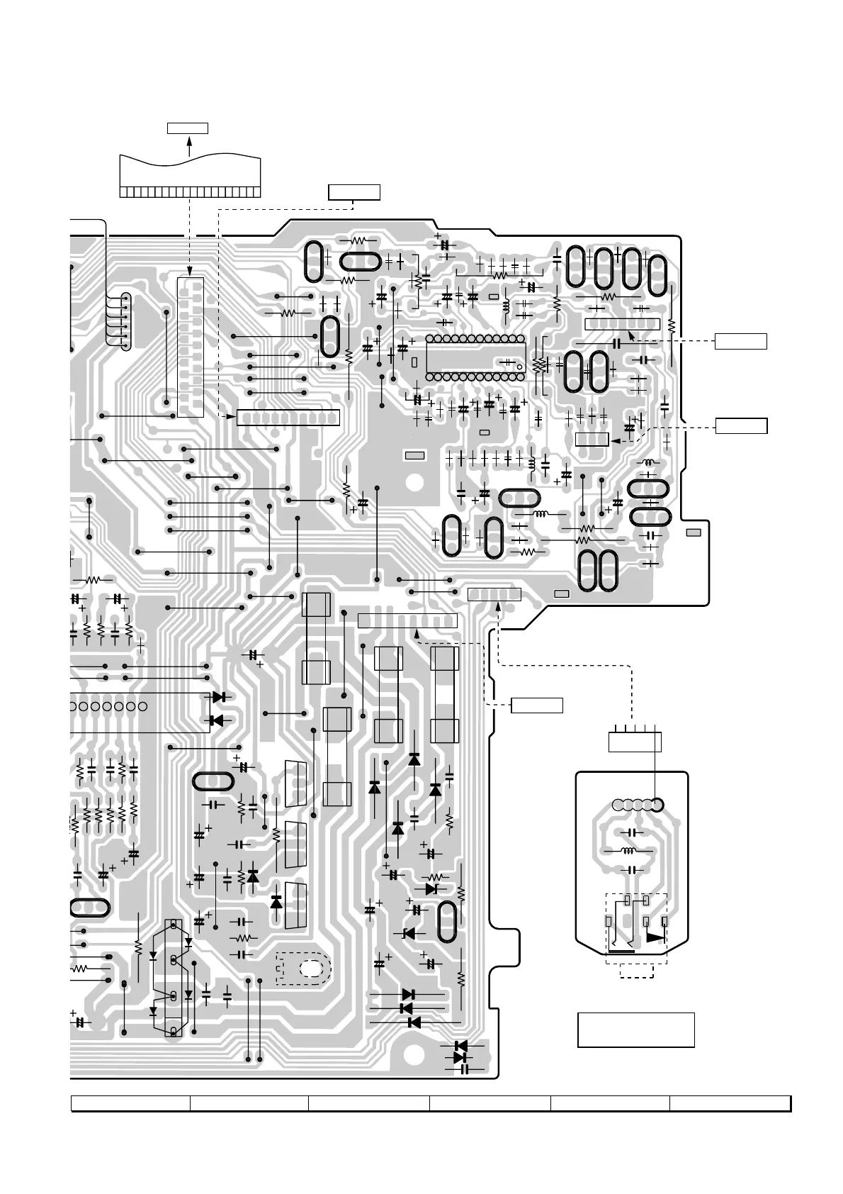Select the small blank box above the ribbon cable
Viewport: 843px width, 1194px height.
pyautogui.click(x=188, y=128)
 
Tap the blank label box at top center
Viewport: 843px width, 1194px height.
pyautogui.click(x=354, y=192)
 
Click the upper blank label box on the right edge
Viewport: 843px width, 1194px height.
pyautogui.click(x=740, y=341)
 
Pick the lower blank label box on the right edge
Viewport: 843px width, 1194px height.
pyautogui.click(x=740, y=426)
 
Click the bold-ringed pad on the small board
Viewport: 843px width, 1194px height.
pyautogui.click(x=657, y=805)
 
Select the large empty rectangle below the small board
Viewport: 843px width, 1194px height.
pyautogui.click(x=635, y=1030)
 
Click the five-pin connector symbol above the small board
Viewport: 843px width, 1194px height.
pyautogui.click(x=635, y=741)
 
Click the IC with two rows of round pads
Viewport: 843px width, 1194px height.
pyautogui.click(x=475, y=358)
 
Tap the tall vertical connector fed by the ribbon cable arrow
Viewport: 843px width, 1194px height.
pyautogui.click(x=190, y=347)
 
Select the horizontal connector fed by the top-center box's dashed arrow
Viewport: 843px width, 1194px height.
pyautogui.click(x=288, y=418)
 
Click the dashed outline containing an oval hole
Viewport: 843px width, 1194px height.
pyautogui.click(x=303, y=969)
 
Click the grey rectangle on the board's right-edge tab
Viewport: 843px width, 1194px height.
pyautogui.click(x=694, y=532)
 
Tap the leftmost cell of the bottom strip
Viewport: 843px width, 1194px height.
pyautogui.click(x=130, y=1103)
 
